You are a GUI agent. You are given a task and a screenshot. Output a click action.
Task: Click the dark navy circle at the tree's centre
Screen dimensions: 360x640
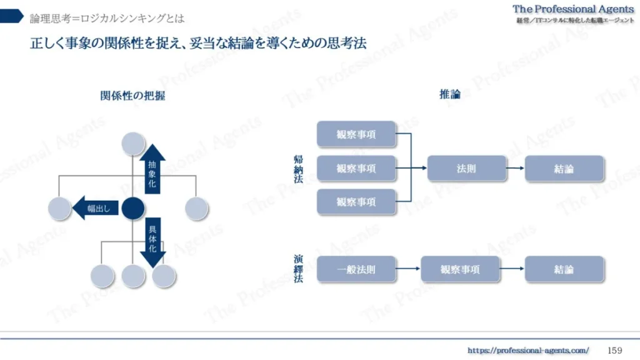132,208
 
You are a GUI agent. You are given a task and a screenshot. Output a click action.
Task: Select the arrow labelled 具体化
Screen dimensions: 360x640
152,241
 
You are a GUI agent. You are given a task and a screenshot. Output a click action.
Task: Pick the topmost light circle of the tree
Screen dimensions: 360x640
133,144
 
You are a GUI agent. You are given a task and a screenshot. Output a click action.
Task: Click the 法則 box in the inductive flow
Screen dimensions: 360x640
466,169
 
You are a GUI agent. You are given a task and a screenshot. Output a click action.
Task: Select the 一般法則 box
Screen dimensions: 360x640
356,269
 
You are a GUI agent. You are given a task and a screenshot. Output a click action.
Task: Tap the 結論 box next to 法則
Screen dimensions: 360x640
564,169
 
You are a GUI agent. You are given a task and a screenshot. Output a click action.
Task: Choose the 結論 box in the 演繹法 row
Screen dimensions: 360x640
564,269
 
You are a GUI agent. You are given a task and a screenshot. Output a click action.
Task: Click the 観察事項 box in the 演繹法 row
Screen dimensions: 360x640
460,269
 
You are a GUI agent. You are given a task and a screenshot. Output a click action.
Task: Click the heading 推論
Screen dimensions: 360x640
450,95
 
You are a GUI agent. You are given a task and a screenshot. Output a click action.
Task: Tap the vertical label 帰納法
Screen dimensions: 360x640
298,169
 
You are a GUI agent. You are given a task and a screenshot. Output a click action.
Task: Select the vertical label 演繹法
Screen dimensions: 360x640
298,269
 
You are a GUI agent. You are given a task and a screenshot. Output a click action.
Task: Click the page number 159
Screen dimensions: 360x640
615,350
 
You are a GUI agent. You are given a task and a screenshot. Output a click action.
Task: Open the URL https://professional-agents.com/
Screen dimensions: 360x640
528,351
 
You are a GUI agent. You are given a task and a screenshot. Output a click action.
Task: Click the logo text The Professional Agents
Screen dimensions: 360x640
573,9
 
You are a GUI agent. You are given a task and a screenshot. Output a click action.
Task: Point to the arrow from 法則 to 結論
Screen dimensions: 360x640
515,169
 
